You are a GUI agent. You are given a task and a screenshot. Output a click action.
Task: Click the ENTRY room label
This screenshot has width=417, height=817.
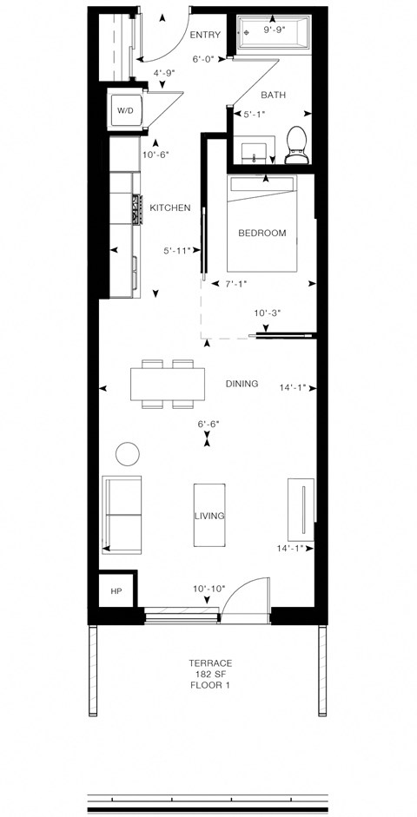tap(205, 35)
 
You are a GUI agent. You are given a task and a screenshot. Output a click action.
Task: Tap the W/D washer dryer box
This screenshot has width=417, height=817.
tap(125, 110)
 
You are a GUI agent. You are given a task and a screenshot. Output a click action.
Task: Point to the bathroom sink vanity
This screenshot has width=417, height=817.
tap(254, 151)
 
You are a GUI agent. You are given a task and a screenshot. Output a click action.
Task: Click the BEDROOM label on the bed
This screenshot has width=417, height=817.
tap(262, 233)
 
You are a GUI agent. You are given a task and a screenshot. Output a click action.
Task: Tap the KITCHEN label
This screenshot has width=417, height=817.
tap(169, 208)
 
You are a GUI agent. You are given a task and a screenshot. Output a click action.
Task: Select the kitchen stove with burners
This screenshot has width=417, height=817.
tap(136, 211)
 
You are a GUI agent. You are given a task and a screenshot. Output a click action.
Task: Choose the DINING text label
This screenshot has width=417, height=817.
tap(242, 383)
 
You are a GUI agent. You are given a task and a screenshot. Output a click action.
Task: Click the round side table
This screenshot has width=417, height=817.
tap(128, 453)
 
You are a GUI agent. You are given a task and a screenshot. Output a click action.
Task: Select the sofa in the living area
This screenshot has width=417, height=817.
tap(122, 514)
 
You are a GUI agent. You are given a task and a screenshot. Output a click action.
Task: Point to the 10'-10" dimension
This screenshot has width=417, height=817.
tap(208, 589)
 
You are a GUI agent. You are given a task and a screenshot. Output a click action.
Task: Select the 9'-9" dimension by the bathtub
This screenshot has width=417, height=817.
tap(276, 29)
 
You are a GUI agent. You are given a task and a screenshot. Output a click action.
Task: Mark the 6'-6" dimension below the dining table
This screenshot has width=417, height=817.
tap(208, 424)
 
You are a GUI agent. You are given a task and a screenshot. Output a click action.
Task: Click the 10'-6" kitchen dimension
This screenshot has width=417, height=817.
tap(155, 155)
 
